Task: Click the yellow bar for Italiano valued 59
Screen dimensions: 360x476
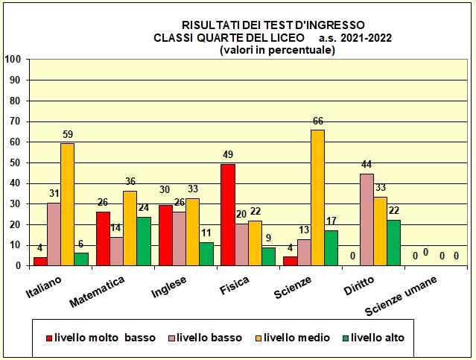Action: click(x=67, y=203)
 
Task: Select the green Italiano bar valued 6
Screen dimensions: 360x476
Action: click(x=80, y=258)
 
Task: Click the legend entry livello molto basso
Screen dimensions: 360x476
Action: click(x=101, y=338)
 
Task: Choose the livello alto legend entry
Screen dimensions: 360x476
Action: click(x=378, y=338)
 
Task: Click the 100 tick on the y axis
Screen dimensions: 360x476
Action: click(x=12, y=60)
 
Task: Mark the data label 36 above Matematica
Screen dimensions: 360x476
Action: click(x=130, y=182)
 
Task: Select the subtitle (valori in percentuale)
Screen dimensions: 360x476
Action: click(x=277, y=50)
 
